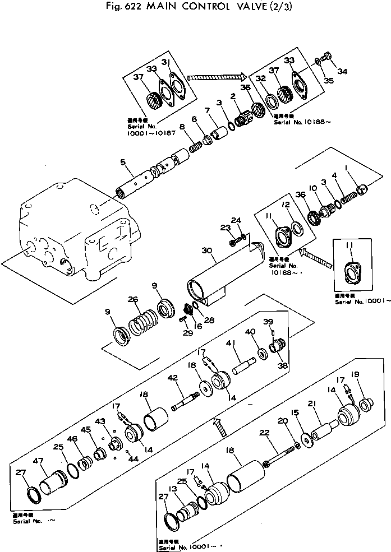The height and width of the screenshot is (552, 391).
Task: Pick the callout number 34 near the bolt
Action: pos(342,71)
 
